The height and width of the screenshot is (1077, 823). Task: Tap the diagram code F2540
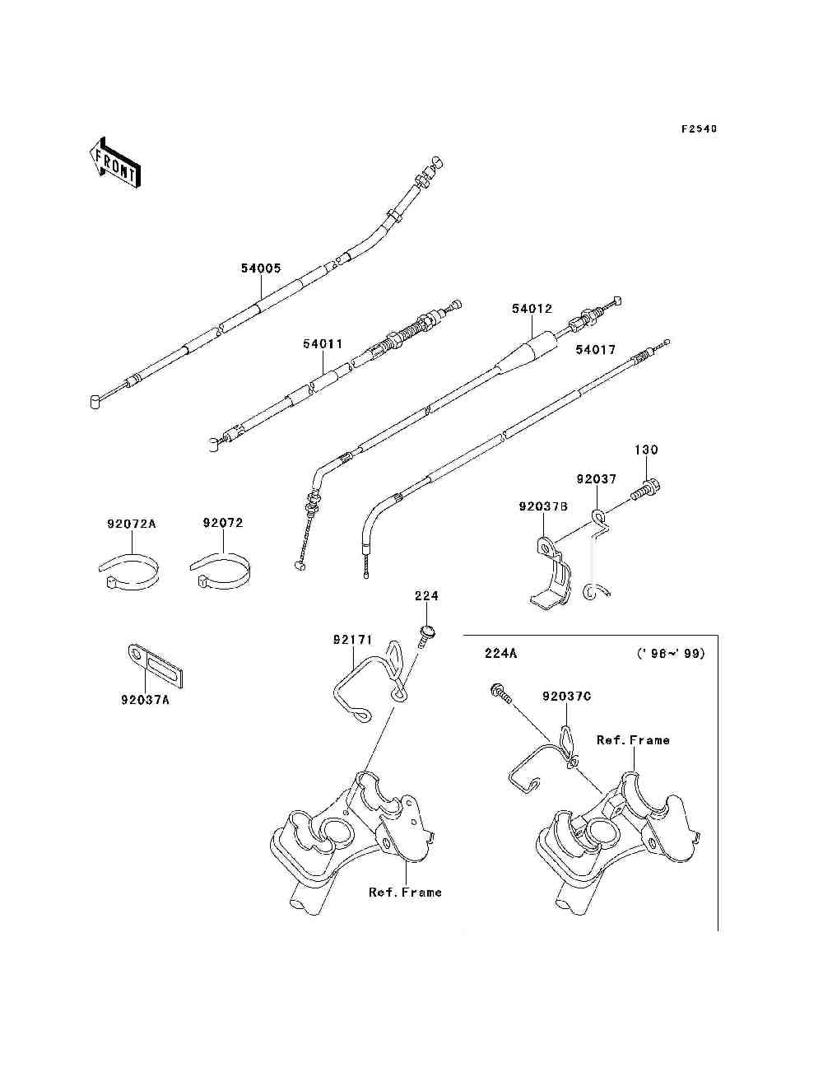[x=699, y=128]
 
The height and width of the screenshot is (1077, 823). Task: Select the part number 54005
[x=261, y=268]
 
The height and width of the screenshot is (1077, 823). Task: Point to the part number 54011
[x=322, y=344]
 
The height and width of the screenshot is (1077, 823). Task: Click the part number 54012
[x=532, y=309]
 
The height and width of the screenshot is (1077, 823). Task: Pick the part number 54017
[x=595, y=350]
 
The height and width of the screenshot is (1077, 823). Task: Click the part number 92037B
[x=543, y=507]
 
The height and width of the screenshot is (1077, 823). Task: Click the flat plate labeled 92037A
[x=156, y=666]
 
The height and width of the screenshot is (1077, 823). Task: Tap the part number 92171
[x=353, y=639]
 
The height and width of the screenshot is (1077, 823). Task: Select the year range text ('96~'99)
[x=671, y=654]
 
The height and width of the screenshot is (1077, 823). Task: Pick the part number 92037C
[x=566, y=697]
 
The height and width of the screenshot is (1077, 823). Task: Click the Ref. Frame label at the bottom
[x=405, y=893]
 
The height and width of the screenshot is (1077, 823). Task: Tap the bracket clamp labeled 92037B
[x=550, y=576]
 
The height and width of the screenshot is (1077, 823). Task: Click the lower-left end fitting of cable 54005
[x=96, y=400]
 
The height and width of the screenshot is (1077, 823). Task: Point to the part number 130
[x=646, y=450]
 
